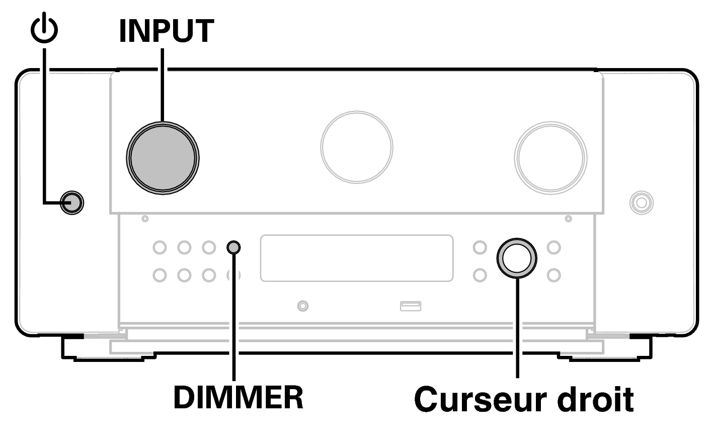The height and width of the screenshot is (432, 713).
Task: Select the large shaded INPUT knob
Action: tap(163, 156)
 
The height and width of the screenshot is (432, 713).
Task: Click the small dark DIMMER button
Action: tap(234, 248)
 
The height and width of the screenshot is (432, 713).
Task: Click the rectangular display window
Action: tap(357, 258)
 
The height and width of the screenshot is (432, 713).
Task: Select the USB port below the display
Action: tap(410, 305)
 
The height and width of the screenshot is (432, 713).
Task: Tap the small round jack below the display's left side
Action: tap(303, 305)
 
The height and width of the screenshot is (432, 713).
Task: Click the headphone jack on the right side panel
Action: tap(641, 203)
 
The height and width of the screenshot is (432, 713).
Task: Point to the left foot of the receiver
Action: tap(108, 348)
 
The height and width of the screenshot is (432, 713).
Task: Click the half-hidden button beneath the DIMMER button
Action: tap(233, 275)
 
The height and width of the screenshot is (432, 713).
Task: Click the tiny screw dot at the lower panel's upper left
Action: tap(145, 219)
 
